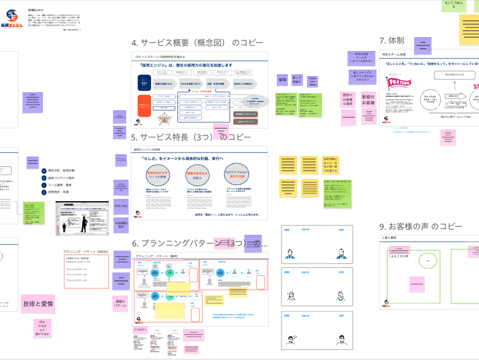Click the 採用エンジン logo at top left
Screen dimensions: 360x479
click(12, 20)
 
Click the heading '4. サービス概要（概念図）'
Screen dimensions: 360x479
click(197, 43)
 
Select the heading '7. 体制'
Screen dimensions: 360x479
click(392, 41)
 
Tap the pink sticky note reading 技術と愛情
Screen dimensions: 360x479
click(38, 304)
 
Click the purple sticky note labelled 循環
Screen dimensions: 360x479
click(283, 79)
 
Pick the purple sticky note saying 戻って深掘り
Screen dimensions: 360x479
click(297, 79)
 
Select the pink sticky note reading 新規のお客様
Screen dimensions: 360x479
click(368, 99)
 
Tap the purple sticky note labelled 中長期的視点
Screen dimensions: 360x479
click(120, 225)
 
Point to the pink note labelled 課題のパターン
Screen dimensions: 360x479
click(120, 304)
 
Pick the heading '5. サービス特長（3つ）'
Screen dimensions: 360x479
click(191, 137)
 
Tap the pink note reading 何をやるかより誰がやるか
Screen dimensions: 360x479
click(42, 329)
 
